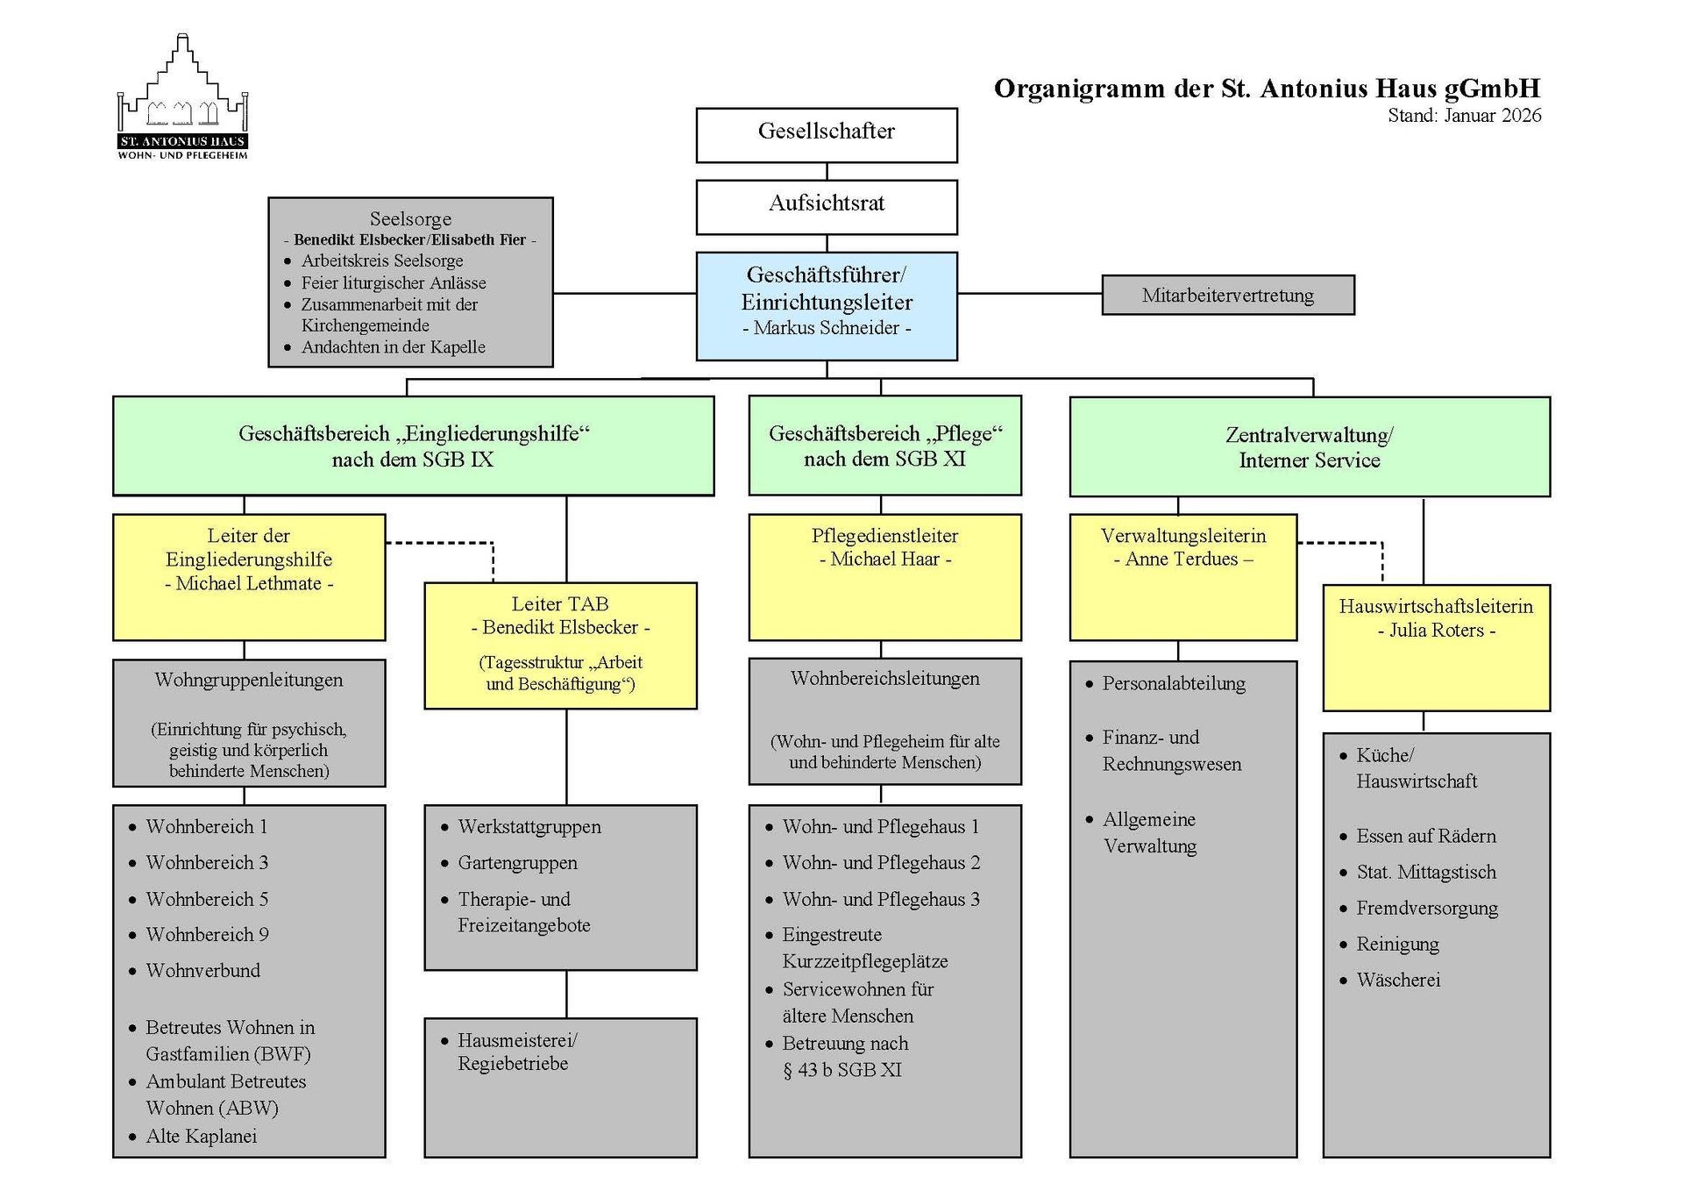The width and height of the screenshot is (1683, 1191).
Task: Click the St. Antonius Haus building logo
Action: tap(183, 96)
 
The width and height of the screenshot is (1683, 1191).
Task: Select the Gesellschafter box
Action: tap(826, 134)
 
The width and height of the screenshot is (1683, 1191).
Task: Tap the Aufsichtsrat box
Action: tap(826, 206)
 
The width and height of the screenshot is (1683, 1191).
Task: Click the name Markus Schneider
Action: tap(826, 328)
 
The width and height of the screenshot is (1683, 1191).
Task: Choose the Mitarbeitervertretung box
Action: tap(1227, 295)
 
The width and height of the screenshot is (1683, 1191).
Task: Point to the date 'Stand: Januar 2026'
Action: tap(1464, 116)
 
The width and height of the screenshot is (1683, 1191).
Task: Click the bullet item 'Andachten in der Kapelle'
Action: tap(393, 346)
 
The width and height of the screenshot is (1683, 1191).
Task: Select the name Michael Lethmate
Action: tap(249, 583)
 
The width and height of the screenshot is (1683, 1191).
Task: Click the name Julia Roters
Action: tap(1436, 630)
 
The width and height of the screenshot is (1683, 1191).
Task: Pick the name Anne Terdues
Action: tap(1182, 559)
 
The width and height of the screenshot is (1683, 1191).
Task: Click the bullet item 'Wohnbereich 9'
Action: tap(207, 934)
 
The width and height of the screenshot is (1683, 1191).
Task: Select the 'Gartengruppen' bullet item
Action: tap(517, 862)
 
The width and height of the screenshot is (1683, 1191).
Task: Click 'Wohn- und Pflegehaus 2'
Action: tap(880, 862)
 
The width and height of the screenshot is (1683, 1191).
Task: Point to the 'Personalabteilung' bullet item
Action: tap(1173, 683)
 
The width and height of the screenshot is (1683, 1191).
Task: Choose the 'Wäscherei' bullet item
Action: tap(1398, 980)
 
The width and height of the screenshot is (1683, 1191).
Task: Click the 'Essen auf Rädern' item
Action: tap(1425, 836)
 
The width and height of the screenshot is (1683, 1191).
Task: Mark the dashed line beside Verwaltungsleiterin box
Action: tap(1341, 543)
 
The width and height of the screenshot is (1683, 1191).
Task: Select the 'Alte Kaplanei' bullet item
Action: tap(201, 1136)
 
